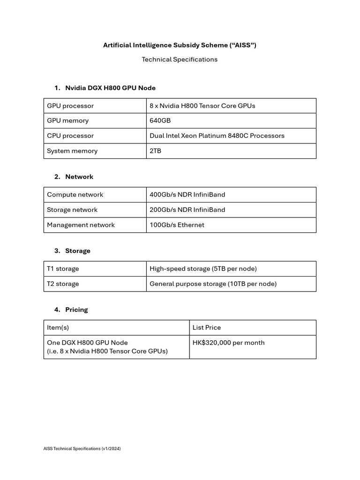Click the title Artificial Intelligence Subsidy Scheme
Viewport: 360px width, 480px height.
180,45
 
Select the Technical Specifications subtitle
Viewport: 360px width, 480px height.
180,60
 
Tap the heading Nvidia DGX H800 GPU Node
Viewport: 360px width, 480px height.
110,88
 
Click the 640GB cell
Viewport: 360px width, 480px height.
160,120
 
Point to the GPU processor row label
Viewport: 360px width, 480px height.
70,106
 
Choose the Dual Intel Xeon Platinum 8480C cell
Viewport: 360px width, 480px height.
217,135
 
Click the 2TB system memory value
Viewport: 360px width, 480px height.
156,151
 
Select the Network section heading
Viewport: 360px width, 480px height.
79,177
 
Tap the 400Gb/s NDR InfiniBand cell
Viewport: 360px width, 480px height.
187,195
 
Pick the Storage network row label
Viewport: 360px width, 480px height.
72,210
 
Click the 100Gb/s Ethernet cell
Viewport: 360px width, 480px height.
177,225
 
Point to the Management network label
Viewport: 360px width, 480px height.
81,225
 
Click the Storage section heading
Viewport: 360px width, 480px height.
78,251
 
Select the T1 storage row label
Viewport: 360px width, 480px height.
63,269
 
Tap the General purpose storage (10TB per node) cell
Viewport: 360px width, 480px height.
213,284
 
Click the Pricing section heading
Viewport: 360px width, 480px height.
76,310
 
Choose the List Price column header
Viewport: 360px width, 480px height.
207,328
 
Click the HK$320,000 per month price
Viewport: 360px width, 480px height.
229,343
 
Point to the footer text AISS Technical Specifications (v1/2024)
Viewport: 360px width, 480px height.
82,449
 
